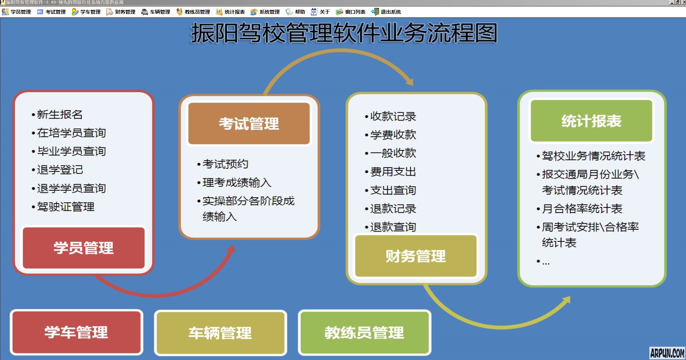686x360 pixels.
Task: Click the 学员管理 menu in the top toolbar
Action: (x=17, y=12)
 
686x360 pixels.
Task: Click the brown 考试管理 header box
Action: (x=249, y=123)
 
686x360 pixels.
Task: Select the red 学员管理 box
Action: (x=84, y=248)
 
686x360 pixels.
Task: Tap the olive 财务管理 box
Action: (x=416, y=256)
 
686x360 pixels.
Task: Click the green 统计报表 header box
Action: (x=591, y=121)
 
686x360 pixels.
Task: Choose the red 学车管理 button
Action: (x=76, y=332)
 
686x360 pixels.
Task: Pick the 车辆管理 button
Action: (x=220, y=333)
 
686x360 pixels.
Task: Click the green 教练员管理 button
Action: (x=364, y=333)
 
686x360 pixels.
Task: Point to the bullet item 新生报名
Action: (x=60, y=114)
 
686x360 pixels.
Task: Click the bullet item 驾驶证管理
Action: (x=66, y=207)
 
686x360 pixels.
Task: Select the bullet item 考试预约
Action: (x=225, y=164)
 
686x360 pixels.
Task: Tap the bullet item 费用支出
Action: (x=393, y=172)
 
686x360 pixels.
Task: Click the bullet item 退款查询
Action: (x=393, y=227)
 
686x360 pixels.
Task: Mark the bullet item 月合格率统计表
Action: (x=582, y=209)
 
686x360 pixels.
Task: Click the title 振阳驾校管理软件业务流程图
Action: (x=344, y=33)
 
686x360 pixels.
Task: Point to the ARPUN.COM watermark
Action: (x=667, y=353)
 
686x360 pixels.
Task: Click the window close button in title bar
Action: (x=683, y=2)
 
